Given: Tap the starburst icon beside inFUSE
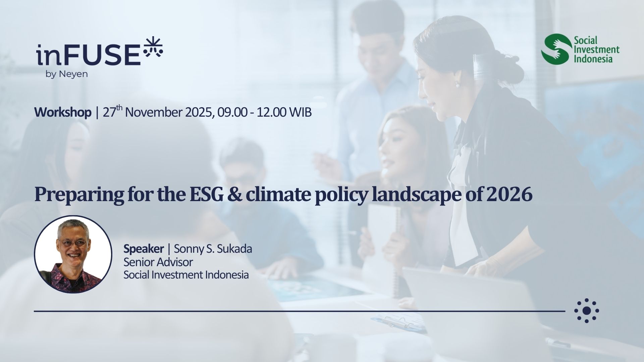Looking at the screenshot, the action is click(153, 47).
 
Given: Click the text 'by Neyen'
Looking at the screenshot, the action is click(67, 74).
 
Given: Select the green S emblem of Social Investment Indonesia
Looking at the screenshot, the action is click(556, 49).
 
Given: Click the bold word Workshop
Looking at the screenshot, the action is click(63, 112).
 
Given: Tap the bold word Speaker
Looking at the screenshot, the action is click(144, 249).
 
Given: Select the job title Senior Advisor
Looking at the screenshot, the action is click(158, 262).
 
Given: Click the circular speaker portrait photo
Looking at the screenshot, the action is click(73, 254).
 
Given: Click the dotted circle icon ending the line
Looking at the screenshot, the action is click(587, 311).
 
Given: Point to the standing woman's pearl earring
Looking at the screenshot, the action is click(457, 85).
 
